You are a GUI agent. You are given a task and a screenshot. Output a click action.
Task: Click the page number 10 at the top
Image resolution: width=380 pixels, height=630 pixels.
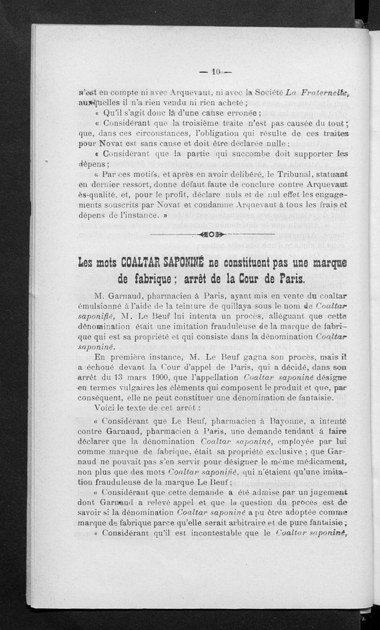click(x=215, y=73)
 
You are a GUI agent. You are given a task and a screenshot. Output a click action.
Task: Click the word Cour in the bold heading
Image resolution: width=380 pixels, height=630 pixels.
click(x=256, y=278)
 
